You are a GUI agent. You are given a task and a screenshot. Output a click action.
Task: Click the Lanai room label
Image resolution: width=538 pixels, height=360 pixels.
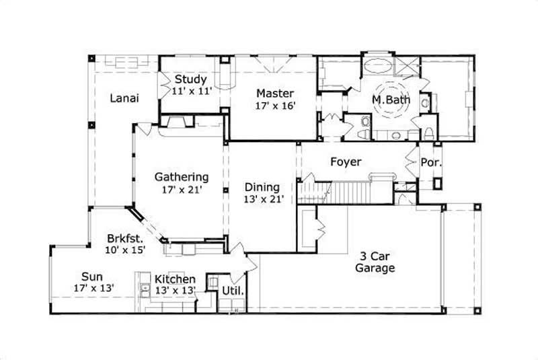pyautogui.click(x=124, y=98)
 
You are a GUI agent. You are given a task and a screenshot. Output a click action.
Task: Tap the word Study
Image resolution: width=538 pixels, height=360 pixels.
pyautogui.click(x=191, y=79)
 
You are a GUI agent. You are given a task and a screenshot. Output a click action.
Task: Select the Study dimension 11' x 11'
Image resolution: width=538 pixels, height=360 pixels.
pyautogui.click(x=192, y=91)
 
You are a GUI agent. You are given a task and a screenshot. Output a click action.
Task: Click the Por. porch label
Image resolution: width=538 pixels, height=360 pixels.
pyautogui.click(x=430, y=162)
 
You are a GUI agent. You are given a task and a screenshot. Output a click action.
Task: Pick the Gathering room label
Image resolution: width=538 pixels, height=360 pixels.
pyautogui.click(x=182, y=177)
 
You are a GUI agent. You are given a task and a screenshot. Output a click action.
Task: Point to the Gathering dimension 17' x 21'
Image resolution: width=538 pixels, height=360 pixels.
pyautogui.click(x=182, y=189)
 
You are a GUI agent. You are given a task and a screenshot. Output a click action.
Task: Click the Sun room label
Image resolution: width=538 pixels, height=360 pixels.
pyautogui.click(x=93, y=276)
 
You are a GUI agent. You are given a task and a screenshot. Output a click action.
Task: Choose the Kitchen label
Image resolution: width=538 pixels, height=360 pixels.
pyautogui.click(x=175, y=279)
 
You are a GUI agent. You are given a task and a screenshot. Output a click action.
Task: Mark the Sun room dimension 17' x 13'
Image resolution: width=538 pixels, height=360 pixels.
pyautogui.click(x=93, y=288)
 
